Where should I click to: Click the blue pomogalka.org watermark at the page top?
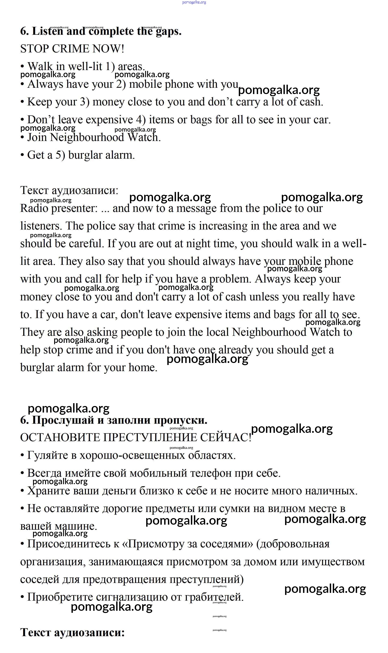[x=194, y=2]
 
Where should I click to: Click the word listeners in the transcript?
[x=41, y=226]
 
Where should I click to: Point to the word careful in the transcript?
[x=86, y=244]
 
